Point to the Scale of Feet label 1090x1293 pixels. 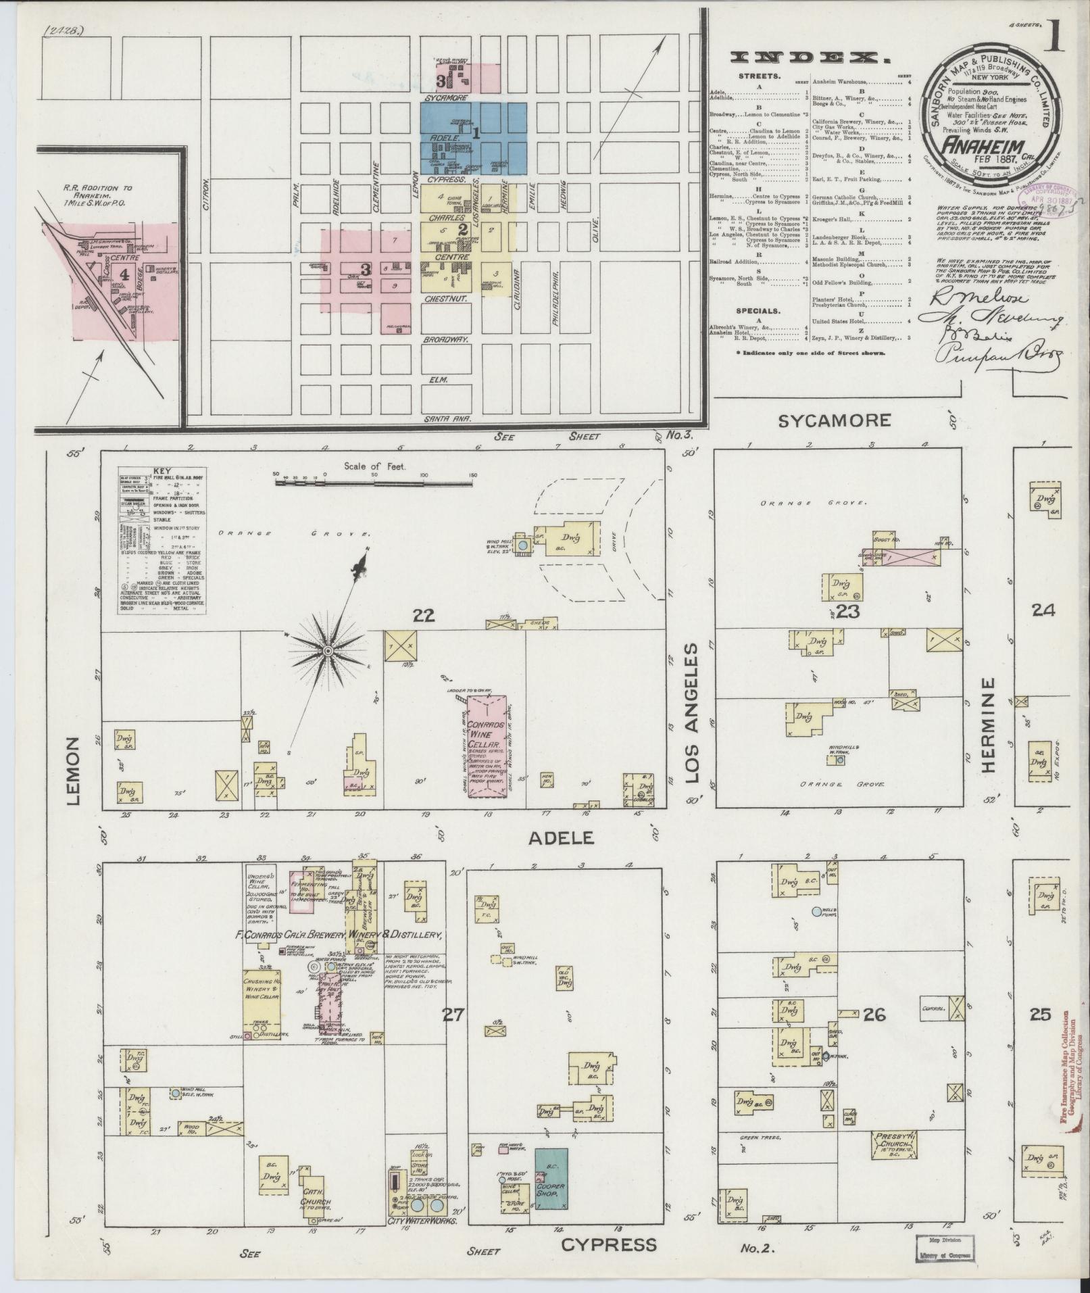(374, 466)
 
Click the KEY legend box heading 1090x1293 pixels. (162, 470)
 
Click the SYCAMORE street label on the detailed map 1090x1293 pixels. (834, 420)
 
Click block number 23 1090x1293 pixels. (845, 612)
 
